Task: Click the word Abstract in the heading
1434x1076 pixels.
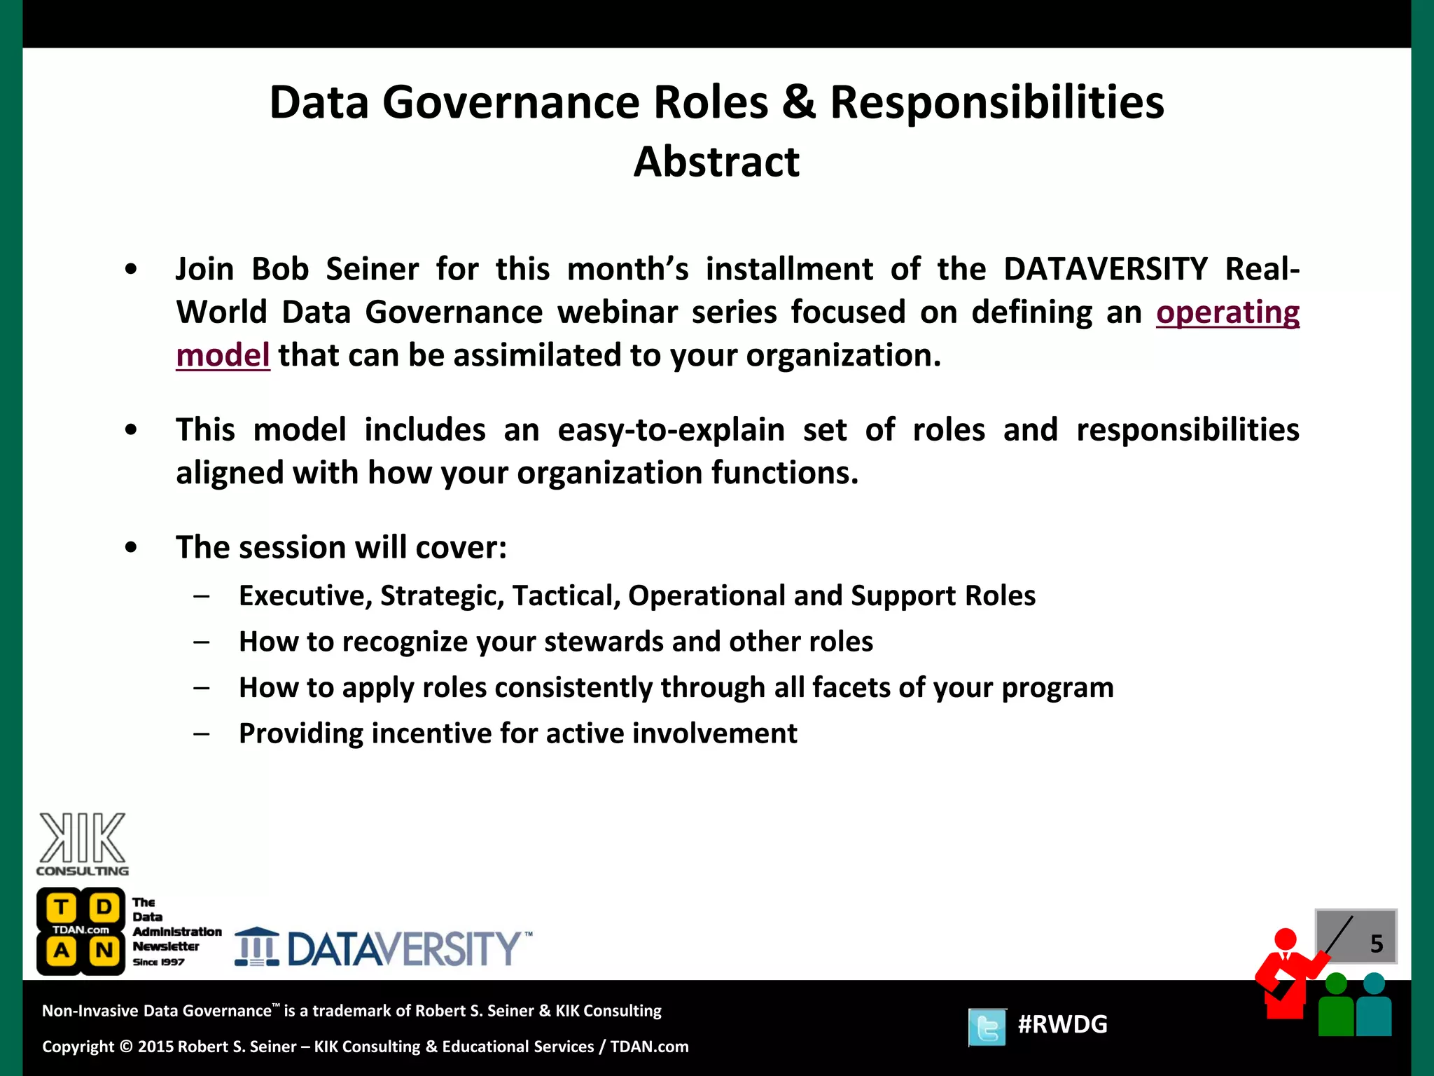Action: [x=716, y=162]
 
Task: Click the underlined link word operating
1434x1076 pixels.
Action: [x=1227, y=312]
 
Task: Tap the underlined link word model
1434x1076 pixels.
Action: [x=223, y=355]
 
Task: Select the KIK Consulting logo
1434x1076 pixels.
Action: [x=83, y=843]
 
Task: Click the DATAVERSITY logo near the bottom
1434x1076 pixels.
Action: [x=384, y=949]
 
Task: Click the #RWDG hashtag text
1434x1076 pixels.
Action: [x=1062, y=1024]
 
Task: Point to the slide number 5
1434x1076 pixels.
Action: [x=1376, y=944]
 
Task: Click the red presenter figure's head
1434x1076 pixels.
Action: [x=1285, y=939]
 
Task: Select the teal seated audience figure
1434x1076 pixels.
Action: [x=1374, y=1007]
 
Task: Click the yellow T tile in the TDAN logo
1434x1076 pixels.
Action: [x=62, y=908]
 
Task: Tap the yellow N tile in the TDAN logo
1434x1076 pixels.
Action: [x=104, y=951]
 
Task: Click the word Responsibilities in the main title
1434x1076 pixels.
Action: [x=996, y=102]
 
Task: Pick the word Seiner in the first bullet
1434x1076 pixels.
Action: [x=372, y=270]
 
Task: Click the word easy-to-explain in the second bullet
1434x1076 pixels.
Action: [x=671, y=430]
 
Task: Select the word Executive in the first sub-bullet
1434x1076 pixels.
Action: [x=305, y=596]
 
